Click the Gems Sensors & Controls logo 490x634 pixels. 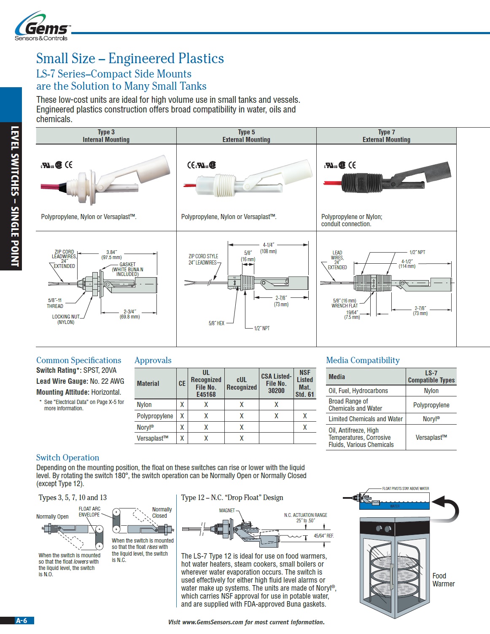tap(42, 28)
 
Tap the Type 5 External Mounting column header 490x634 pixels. tap(246, 136)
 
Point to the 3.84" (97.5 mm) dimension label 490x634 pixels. tap(111, 254)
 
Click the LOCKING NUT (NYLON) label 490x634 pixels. tap(66, 319)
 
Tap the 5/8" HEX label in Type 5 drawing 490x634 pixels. tap(216, 323)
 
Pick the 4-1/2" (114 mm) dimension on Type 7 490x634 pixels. tap(407, 264)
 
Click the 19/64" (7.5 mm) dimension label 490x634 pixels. tap(352, 315)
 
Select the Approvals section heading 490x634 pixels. tap(153, 360)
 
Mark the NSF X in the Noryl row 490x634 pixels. tap(304, 427)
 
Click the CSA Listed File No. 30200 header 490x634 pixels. tap(276, 383)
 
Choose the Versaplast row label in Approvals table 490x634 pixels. tap(152, 438)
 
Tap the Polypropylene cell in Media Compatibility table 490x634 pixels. tap(431, 405)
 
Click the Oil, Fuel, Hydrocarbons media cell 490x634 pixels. tap(358, 391)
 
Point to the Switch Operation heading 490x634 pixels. tap(67, 457)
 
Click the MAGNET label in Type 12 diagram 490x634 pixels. tap(227, 510)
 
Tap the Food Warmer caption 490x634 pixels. tap(443, 580)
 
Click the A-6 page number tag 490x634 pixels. tap(22, 621)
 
